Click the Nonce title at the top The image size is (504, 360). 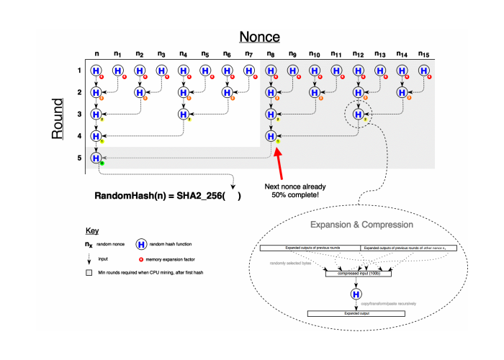point(260,37)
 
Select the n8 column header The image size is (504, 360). point(271,53)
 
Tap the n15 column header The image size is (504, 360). point(423,53)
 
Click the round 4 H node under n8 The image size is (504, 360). point(271,136)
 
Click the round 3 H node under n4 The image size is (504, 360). point(184,114)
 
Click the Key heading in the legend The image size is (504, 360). point(91,232)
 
